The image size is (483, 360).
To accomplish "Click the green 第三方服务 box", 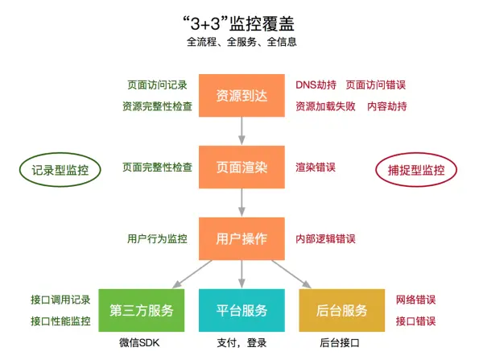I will click(142, 311).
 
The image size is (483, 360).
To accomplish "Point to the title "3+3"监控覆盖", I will click(242, 19).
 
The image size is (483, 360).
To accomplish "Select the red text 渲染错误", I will click(316, 168).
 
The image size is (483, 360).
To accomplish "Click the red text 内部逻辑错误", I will click(325, 239).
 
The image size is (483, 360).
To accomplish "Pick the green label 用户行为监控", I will click(157, 239).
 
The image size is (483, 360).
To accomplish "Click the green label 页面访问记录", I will click(157, 85).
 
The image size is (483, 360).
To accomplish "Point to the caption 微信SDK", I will click(142, 344).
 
